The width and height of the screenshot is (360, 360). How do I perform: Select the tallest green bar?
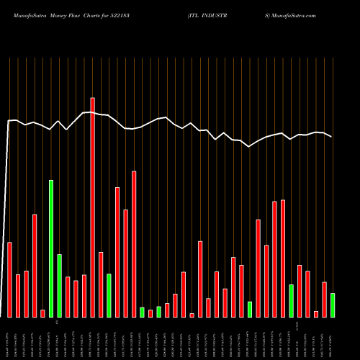[x=51, y=248]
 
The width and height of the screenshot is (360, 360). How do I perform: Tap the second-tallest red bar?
[x=134, y=244]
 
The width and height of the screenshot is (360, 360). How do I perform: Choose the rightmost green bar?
[x=333, y=305]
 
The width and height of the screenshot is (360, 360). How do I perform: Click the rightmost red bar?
[x=324, y=300]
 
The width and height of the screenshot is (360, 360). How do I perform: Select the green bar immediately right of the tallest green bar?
[x=59, y=286]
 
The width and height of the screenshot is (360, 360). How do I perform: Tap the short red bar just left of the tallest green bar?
[x=42, y=313]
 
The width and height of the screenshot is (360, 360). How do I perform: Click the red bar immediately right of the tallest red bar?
[x=101, y=284]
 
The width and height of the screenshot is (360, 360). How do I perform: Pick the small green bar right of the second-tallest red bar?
[x=142, y=312]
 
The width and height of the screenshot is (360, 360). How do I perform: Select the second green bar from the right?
[x=291, y=301]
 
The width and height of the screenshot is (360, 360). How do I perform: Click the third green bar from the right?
[x=250, y=310]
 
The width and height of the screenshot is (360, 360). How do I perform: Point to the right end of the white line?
[x=332, y=137]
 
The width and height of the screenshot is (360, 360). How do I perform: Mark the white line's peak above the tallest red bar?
[x=92, y=112]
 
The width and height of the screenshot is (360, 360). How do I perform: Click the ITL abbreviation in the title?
[x=196, y=14]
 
